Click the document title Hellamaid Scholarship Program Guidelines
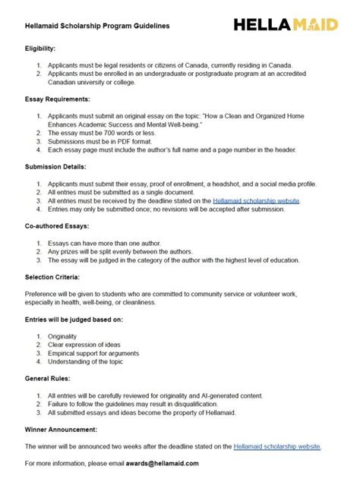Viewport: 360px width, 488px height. (97, 25)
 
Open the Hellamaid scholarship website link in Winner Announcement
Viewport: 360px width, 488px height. (277, 446)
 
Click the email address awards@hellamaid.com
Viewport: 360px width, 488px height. (161, 463)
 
